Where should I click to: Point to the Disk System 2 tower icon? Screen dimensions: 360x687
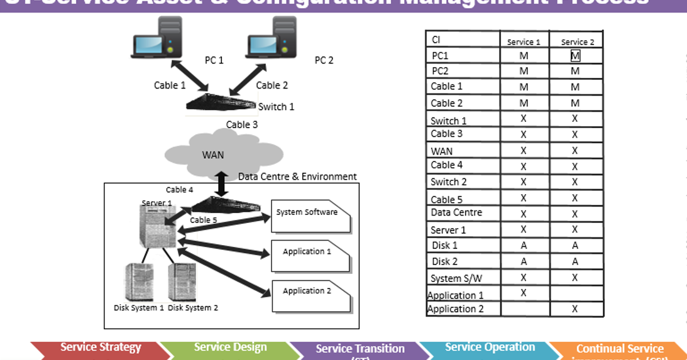click(x=183, y=280)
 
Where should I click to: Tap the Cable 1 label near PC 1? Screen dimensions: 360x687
click(x=170, y=85)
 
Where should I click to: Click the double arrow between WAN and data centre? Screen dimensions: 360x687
click(x=222, y=182)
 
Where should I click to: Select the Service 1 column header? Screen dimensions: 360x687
click(x=524, y=41)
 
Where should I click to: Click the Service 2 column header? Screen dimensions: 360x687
click(x=575, y=41)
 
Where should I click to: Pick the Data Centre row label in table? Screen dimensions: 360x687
click(x=456, y=212)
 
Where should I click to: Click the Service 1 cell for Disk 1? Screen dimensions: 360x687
click(x=524, y=246)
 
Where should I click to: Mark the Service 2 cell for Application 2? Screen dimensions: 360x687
click(x=575, y=309)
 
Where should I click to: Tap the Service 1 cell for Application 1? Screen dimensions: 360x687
click(x=524, y=293)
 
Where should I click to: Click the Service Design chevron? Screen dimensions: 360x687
click(x=230, y=348)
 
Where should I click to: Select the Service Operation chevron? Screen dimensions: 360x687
click(x=490, y=348)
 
